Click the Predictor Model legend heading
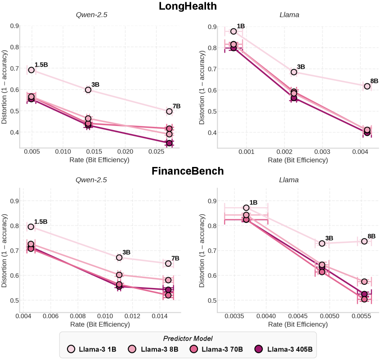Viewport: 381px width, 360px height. pos(188,338)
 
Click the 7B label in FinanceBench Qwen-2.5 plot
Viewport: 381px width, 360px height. pos(175,258)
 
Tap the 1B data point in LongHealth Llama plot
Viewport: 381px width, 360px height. pos(233,31)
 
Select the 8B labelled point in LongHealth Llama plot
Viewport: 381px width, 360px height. pos(367,86)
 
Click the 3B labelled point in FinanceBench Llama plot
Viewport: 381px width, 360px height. pos(322,243)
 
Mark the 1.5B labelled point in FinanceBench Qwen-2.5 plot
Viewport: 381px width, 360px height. pos(31,227)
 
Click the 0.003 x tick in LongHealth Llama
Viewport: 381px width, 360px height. pos(322,152)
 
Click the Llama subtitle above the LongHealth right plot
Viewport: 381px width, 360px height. pos(290,15)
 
